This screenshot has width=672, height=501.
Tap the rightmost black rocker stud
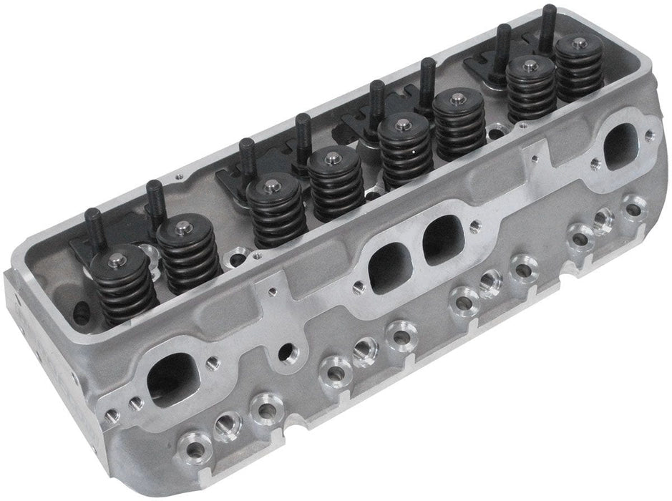(x=549, y=25)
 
